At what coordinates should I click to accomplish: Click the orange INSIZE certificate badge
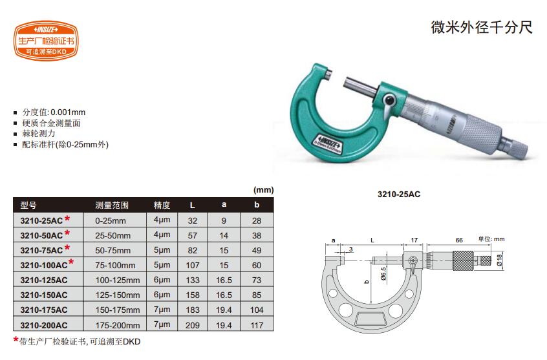(x=46, y=41)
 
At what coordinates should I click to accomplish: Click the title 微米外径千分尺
(x=482, y=27)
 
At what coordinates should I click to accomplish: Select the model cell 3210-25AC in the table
(x=41, y=220)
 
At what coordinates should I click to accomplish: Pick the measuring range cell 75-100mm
(x=115, y=265)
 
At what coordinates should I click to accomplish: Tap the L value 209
(x=192, y=325)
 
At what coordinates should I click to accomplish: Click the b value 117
(x=257, y=325)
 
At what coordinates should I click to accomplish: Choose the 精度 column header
(x=162, y=205)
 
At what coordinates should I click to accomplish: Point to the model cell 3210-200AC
(x=43, y=325)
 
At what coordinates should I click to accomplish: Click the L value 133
(x=192, y=280)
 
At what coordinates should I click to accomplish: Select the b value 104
(x=257, y=310)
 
